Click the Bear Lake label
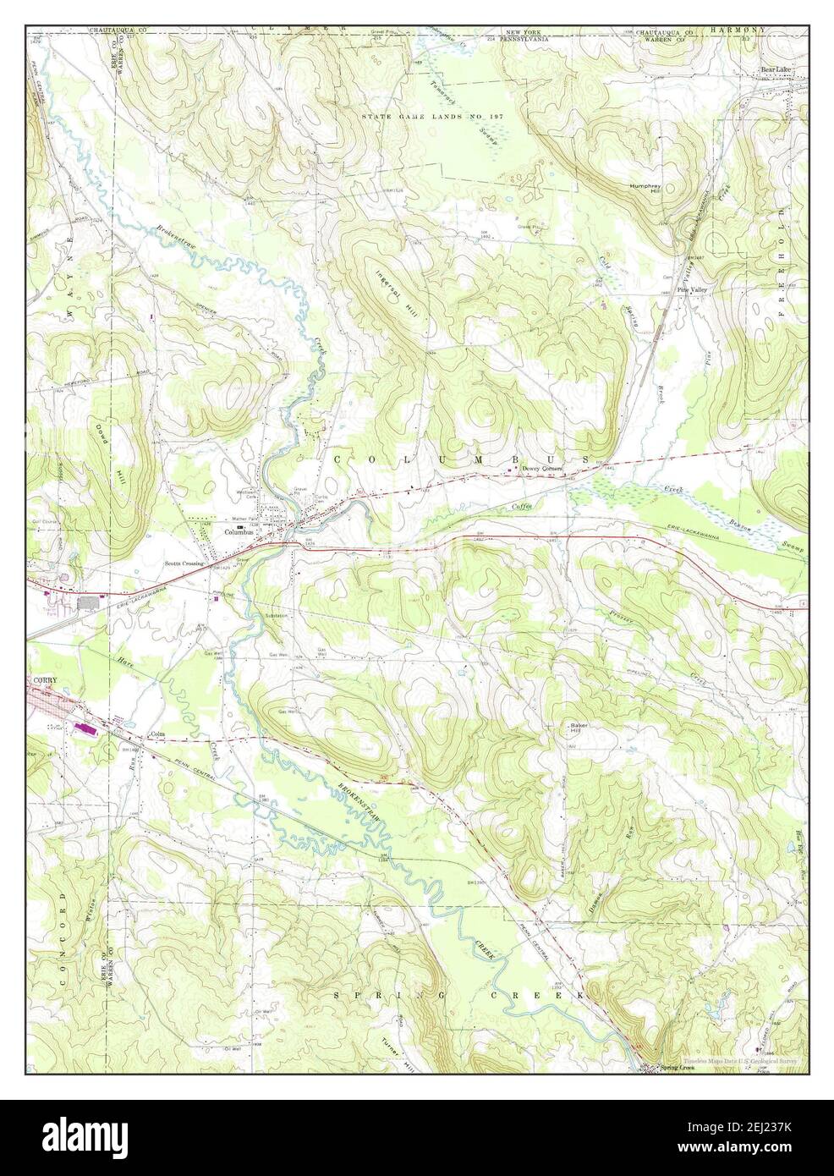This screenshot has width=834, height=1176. click(x=773, y=70)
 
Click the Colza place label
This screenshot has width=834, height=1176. click(x=156, y=734)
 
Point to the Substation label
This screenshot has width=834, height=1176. click(x=277, y=615)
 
